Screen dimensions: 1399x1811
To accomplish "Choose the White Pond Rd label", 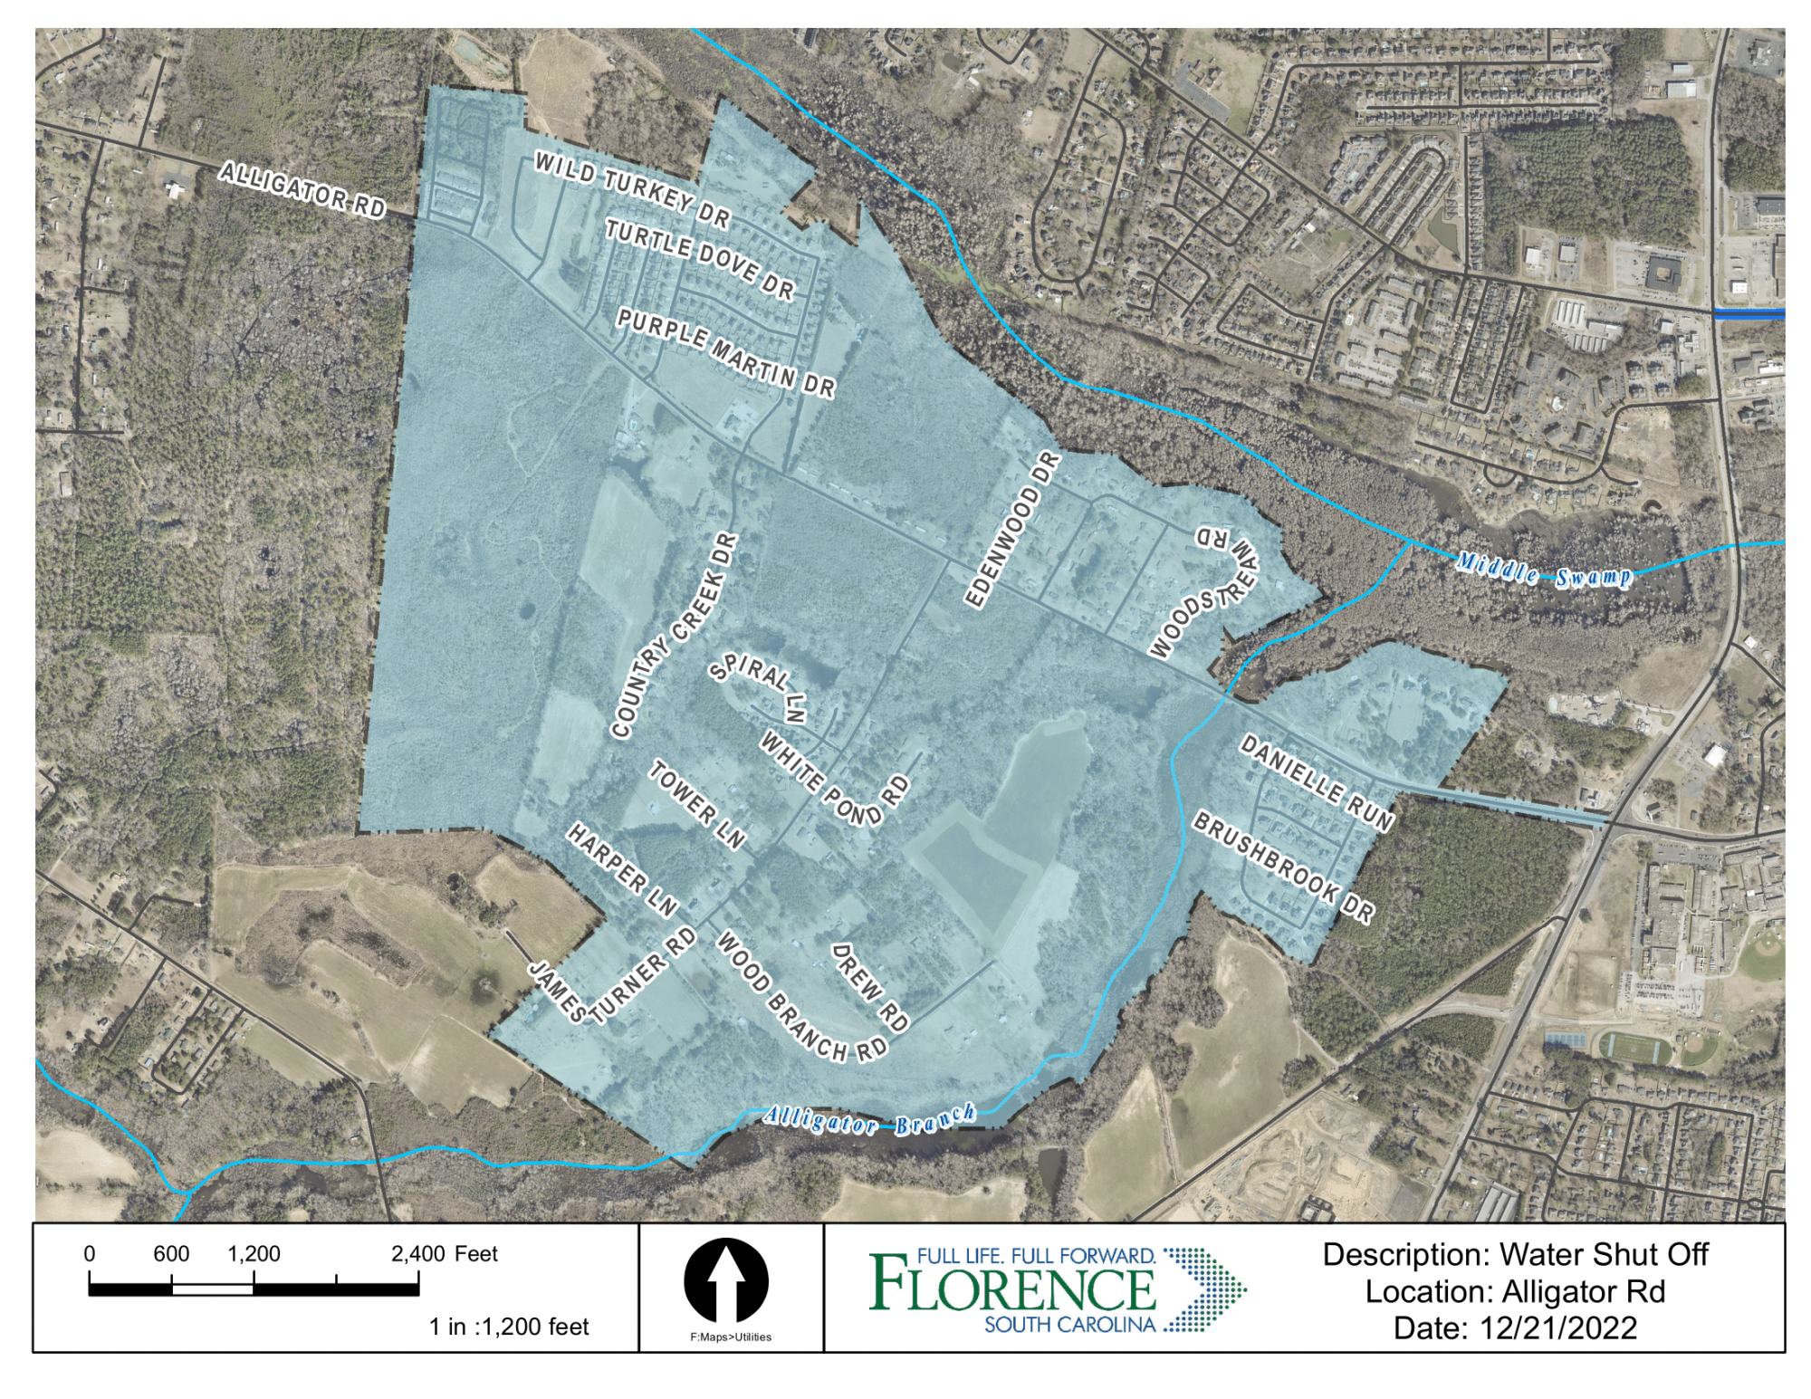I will tap(834, 779).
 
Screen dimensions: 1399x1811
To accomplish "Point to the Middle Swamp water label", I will tap(1544, 572).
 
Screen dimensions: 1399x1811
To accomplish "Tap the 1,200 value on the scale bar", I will tap(254, 1254).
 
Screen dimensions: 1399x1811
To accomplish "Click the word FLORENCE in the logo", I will tap(1012, 1289).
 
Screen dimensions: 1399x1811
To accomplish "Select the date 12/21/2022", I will tap(1558, 1328).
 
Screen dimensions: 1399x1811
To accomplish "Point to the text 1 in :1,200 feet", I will tap(509, 1327).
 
